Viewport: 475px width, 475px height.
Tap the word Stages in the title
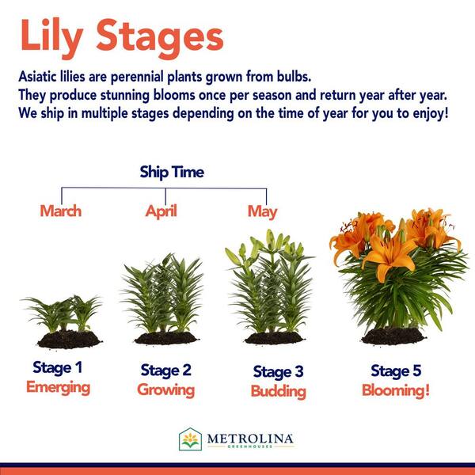(x=160, y=39)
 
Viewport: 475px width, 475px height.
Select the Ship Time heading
(x=172, y=173)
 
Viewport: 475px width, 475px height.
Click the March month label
(x=61, y=211)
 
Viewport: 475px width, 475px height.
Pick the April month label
(x=161, y=211)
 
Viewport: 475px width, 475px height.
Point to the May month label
(x=262, y=212)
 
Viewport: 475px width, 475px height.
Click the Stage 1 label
(x=58, y=368)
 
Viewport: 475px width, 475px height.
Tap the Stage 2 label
(x=166, y=370)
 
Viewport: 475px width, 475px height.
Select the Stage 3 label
(x=278, y=372)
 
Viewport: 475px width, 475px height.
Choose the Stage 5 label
(x=396, y=370)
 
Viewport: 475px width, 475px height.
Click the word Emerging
(x=58, y=388)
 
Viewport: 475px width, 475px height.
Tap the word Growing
(x=165, y=390)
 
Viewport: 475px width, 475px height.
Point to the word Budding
(x=279, y=391)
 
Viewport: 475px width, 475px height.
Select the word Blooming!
(x=396, y=390)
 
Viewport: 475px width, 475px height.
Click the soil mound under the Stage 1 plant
(x=70, y=340)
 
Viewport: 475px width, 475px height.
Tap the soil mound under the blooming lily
(x=393, y=336)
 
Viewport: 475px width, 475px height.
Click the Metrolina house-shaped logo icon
(x=190, y=439)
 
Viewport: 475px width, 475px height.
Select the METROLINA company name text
(x=250, y=439)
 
